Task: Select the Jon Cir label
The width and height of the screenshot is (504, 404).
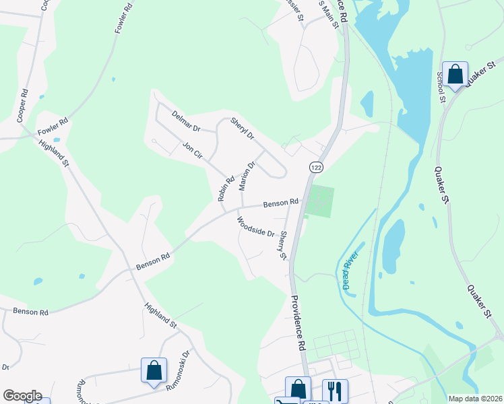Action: pyautogui.click(x=193, y=149)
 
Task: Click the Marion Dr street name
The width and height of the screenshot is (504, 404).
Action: pyautogui.click(x=247, y=176)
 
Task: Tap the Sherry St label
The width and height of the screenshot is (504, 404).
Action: pyautogui.click(x=284, y=246)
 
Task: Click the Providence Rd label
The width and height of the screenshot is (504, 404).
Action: pyautogui.click(x=298, y=323)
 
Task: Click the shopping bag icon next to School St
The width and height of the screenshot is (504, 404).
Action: pyautogui.click(x=455, y=74)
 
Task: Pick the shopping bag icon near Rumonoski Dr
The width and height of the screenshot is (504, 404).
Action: pyautogui.click(x=154, y=370)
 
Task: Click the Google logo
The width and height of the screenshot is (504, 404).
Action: pyautogui.click(x=22, y=396)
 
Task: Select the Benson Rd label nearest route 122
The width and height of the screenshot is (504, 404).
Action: pyautogui.click(x=280, y=202)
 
